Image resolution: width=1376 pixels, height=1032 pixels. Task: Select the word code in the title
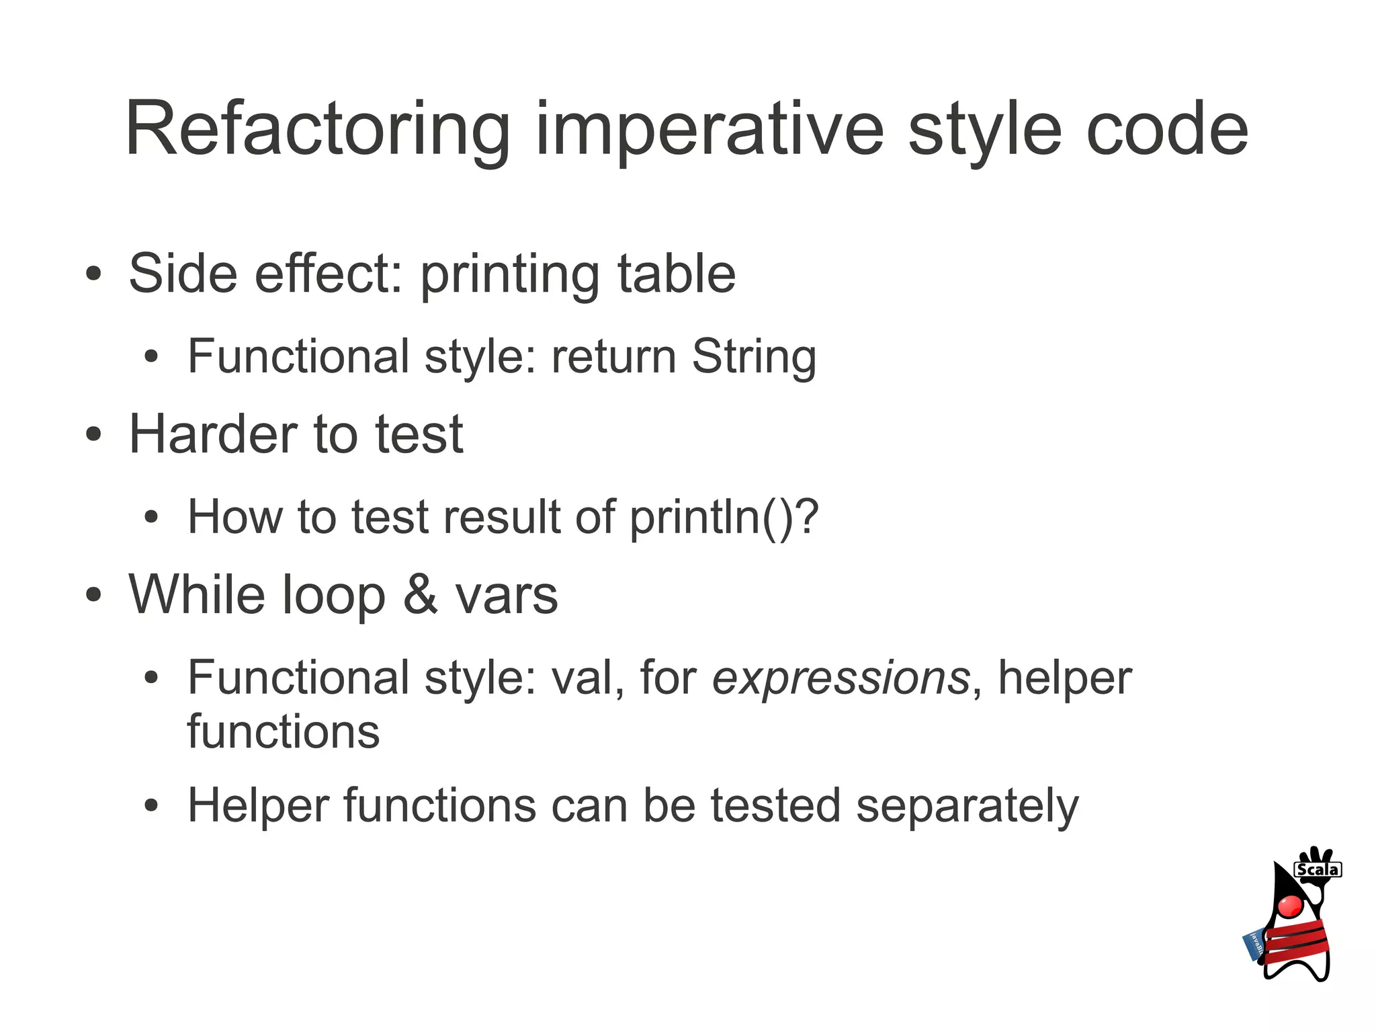pos(1167,130)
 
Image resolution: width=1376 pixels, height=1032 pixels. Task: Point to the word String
pos(754,356)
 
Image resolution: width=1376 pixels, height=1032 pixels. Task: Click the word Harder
pos(213,434)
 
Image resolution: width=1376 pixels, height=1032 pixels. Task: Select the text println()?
pos(724,517)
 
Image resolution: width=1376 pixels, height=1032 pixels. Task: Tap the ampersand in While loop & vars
pos(421,595)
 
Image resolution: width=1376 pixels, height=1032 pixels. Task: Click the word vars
pos(507,596)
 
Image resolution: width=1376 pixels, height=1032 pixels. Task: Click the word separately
pos(967,805)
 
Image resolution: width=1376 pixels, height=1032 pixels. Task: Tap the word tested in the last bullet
pos(775,805)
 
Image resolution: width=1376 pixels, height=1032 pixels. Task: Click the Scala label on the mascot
pos(1317,870)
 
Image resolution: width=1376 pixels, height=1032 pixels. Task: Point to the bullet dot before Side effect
pos(93,274)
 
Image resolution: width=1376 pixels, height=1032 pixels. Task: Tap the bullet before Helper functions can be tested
pos(152,806)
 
